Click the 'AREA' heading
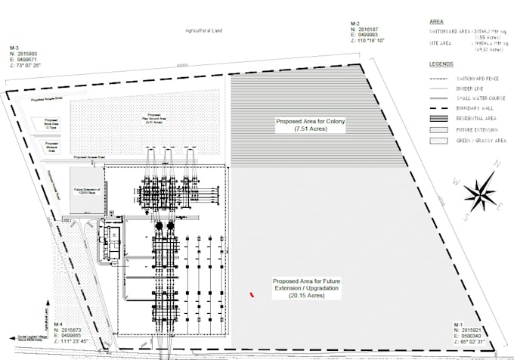(x=435, y=23)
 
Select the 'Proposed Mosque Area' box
(x=52, y=149)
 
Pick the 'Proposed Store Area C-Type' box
(x=51, y=127)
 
